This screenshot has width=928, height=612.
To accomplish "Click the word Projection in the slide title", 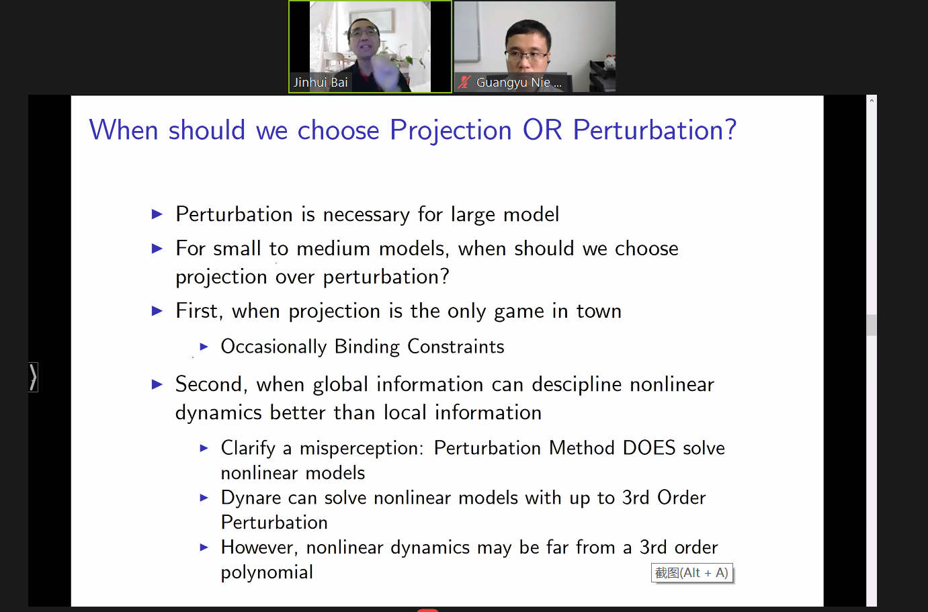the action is pos(451,131).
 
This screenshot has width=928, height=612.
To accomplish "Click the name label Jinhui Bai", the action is pos(321,83).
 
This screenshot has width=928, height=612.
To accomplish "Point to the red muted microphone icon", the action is pos(464,83).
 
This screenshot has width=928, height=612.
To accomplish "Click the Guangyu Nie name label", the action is pos(518,83).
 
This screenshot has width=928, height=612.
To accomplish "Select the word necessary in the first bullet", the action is pos(366,215).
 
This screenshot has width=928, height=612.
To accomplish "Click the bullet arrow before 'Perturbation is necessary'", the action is pos(157,214).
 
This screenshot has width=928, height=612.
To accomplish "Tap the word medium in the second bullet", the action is pos(333,249).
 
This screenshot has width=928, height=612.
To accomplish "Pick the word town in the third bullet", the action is pos(599,311).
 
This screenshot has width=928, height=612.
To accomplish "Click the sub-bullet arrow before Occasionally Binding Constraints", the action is pos(204,346).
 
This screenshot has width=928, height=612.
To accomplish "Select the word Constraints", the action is pos(456,347).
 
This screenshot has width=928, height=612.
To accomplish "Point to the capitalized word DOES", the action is pos(648,448).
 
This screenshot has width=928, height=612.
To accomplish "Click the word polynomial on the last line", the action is pos(267,573).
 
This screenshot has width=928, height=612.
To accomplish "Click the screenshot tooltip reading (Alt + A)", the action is pos(692,572).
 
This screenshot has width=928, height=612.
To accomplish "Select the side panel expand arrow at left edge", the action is pos(33,378).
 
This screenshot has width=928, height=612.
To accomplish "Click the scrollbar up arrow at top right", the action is pos(872,101).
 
